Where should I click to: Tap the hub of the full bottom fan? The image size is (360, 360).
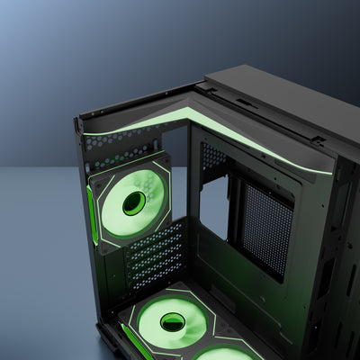click(172, 320)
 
